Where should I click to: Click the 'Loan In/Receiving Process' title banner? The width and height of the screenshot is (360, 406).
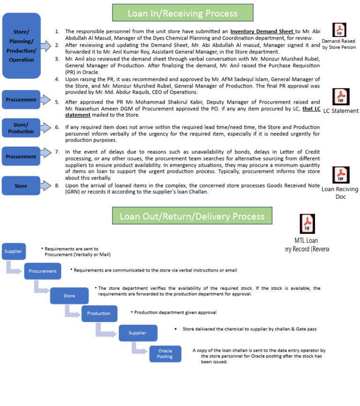[x=182, y=13]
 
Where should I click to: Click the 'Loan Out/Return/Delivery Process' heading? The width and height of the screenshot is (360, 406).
[x=192, y=216]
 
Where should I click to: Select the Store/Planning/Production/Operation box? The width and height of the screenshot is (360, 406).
[x=21, y=45]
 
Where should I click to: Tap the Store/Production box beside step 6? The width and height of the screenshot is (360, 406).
[x=21, y=128]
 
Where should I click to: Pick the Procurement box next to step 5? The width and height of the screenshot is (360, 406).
[x=21, y=100]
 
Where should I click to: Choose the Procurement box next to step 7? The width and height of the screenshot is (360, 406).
[x=21, y=157]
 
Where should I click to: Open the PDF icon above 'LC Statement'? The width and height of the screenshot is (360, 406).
[x=341, y=97]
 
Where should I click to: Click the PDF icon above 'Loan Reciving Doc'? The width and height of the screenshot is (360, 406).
[x=341, y=175]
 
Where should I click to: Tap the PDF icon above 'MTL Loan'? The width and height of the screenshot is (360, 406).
[x=307, y=224]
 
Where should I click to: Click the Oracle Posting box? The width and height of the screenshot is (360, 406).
[x=165, y=353]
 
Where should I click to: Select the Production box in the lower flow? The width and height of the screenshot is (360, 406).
[x=99, y=313]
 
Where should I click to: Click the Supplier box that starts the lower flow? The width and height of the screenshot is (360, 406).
[x=13, y=251]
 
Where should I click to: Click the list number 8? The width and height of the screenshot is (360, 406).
[x=57, y=186]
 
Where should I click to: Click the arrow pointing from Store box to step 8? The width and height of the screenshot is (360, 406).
[x=45, y=186]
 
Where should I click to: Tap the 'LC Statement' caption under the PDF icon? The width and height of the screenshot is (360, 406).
[x=341, y=111]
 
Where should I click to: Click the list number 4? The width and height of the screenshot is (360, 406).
[x=57, y=79]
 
